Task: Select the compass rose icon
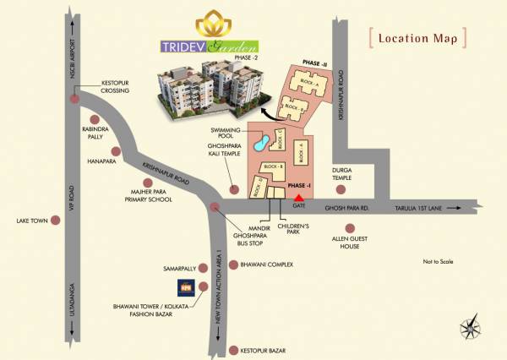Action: (470, 325)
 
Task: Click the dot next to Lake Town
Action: (56, 221)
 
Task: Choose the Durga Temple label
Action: (342, 173)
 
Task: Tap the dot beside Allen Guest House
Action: (349, 227)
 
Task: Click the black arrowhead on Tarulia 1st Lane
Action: (457, 205)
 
